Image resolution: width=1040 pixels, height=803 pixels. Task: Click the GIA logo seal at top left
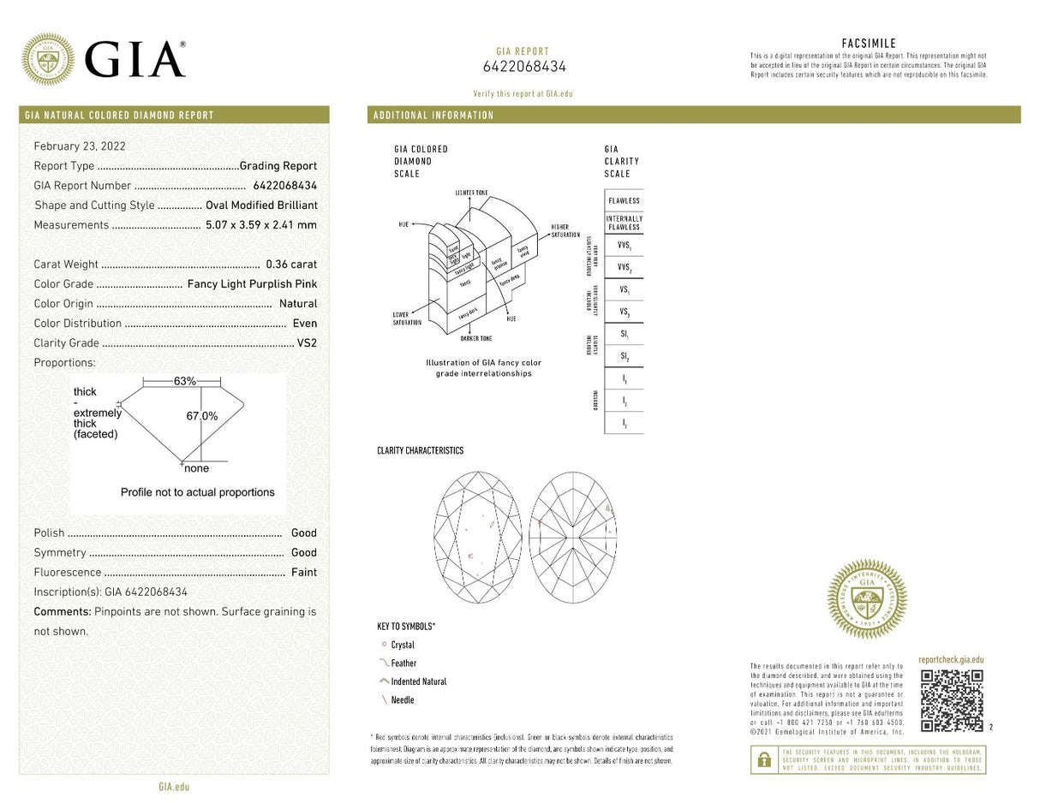click(x=47, y=59)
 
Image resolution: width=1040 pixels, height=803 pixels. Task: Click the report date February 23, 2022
click(x=80, y=146)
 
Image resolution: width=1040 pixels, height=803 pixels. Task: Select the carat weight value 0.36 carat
click(x=291, y=265)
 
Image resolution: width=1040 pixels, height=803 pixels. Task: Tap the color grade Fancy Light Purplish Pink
click(x=252, y=284)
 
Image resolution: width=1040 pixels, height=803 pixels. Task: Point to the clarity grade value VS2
click(x=307, y=343)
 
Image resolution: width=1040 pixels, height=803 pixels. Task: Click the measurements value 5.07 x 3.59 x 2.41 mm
click(x=261, y=225)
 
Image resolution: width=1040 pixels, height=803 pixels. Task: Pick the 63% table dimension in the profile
click(x=185, y=381)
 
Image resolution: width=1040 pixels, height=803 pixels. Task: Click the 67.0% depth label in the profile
click(x=202, y=416)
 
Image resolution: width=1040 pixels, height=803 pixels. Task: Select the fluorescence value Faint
click(x=304, y=572)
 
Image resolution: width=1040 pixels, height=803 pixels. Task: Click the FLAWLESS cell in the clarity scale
click(x=624, y=200)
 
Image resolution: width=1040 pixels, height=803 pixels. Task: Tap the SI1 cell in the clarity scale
click(x=624, y=334)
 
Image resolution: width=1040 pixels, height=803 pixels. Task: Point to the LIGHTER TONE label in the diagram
click(x=472, y=193)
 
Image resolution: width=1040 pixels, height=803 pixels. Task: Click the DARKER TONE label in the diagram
click(x=476, y=339)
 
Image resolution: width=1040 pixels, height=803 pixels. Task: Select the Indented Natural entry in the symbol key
click(x=418, y=681)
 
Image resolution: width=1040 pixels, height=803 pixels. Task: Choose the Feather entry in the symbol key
click(x=403, y=663)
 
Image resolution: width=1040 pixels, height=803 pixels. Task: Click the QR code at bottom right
click(x=951, y=700)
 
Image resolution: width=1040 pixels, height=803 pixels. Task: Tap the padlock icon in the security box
click(x=763, y=759)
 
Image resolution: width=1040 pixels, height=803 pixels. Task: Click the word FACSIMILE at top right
click(x=869, y=44)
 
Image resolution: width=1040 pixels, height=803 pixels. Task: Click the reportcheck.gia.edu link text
click(x=951, y=660)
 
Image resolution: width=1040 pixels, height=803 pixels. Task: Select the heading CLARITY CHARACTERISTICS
click(x=420, y=450)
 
